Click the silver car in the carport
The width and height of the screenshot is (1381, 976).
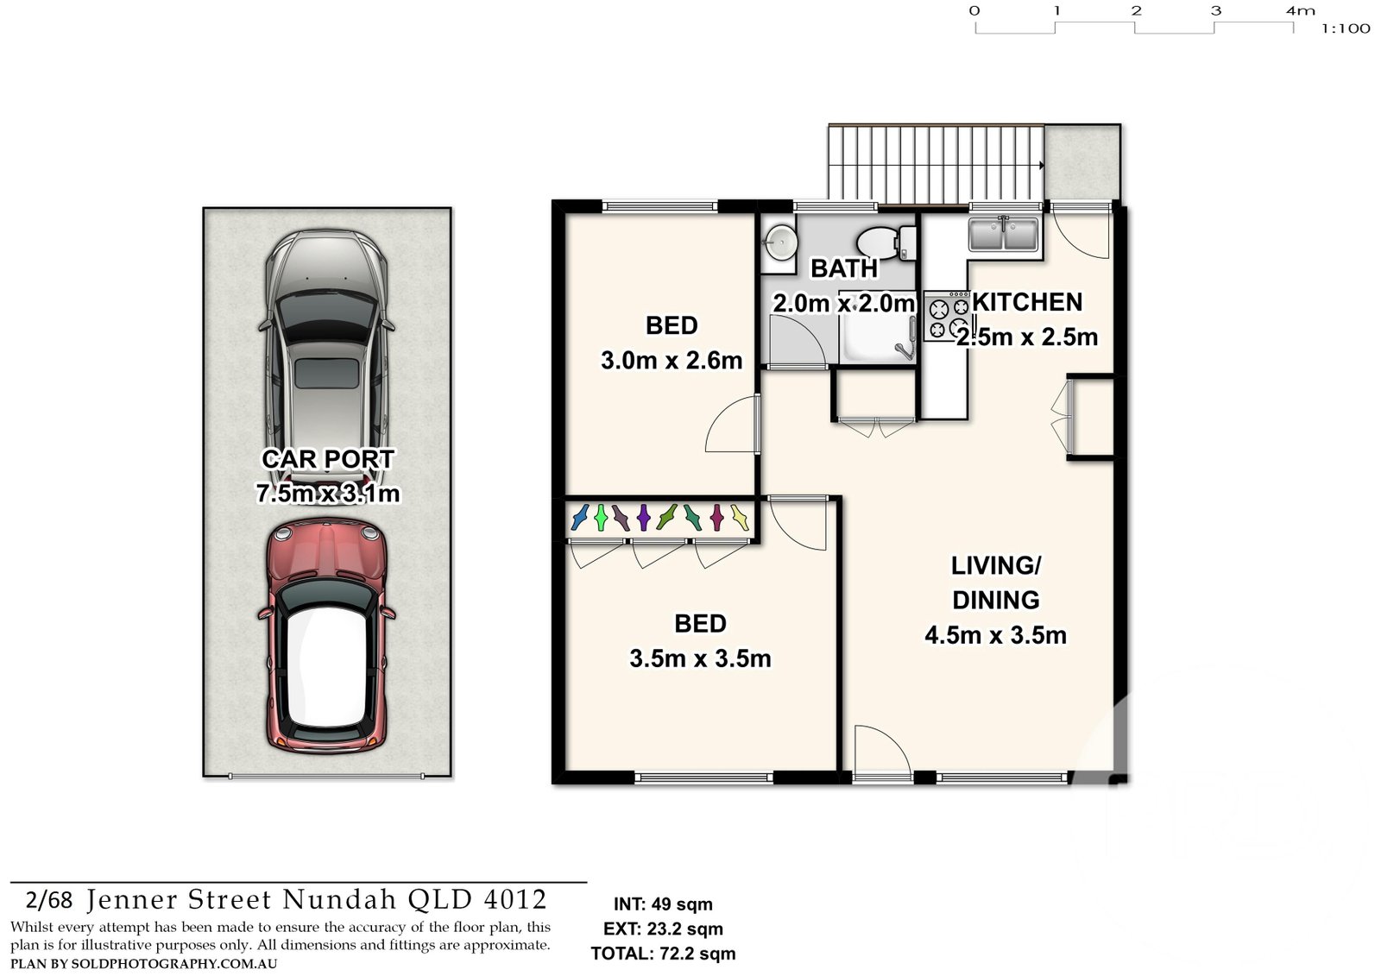click(327, 358)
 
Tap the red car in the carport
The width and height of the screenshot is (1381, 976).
click(327, 636)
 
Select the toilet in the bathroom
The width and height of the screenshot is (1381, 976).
click(886, 242)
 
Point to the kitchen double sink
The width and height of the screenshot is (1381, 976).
click(1004, 234)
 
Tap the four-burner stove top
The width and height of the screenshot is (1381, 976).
click(949, 317)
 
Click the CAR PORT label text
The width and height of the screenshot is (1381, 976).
click(328, 459)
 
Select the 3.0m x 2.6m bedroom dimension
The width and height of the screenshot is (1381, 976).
click(672, 361)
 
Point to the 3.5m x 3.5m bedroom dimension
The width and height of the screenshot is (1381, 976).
click(700, 658)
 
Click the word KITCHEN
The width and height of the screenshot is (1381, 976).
click(1027, 302)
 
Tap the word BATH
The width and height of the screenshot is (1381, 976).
click(844, 268)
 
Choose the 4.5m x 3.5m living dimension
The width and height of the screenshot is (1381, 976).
click(995, 635)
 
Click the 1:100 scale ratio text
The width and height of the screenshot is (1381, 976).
click(1346, 29)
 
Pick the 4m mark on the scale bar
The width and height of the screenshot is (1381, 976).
click(1300, 10)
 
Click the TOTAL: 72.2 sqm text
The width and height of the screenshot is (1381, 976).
click(664, 954)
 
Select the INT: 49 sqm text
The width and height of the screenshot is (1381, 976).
click(663, 904)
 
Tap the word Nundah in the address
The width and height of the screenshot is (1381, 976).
click(339, 899)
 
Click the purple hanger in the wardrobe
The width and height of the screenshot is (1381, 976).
click(643, 517)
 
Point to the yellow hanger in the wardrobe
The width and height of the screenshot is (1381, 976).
click(739, 517)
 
